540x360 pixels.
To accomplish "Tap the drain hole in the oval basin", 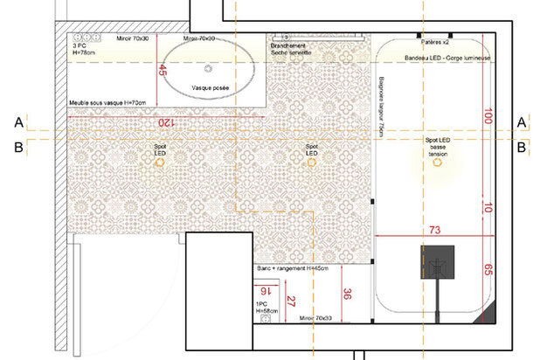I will [208, 67].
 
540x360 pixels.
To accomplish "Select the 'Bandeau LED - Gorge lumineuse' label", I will [446, 56].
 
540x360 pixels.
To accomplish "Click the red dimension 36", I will [347, 295].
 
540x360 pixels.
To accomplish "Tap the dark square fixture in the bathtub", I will [438, 260].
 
